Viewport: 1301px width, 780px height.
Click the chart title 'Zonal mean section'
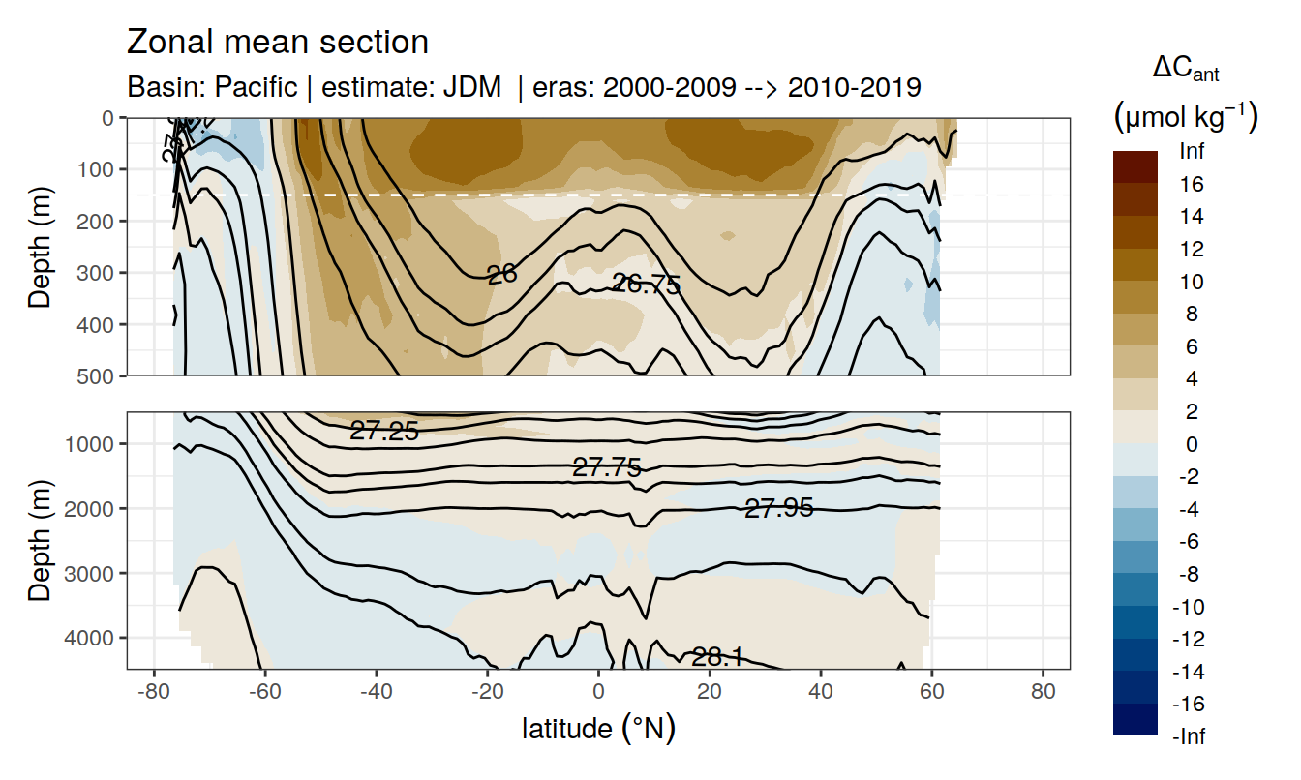coord(278,43)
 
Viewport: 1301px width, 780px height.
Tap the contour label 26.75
coord(647,285)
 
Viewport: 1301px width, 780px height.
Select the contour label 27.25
coord(384,432)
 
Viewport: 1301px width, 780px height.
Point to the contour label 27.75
coord(607,468)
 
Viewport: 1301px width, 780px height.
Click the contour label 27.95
coord(778,507)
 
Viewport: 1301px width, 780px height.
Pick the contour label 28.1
coord(717,658)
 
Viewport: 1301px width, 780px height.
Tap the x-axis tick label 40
coord(821,692)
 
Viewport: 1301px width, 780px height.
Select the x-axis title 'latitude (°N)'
coord(598,728)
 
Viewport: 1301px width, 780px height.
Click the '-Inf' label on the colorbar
coord(1190,736)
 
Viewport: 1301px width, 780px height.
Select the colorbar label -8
coord(1190,574)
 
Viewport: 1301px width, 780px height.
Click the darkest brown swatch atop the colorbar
coord(1135,159)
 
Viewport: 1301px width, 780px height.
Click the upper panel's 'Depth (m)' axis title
coord(41,247)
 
